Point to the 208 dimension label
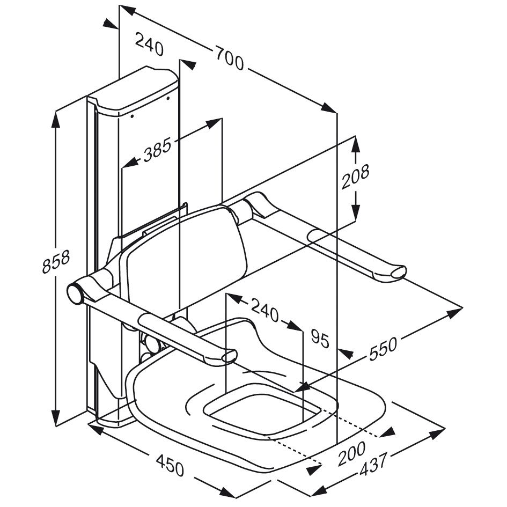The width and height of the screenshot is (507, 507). click(x=356, y=178)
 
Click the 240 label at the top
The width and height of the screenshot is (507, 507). click(x=149, y=45)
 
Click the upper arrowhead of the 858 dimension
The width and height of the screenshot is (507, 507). click(x=55, y=119)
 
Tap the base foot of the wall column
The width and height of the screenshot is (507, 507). click(x=110, y=418)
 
